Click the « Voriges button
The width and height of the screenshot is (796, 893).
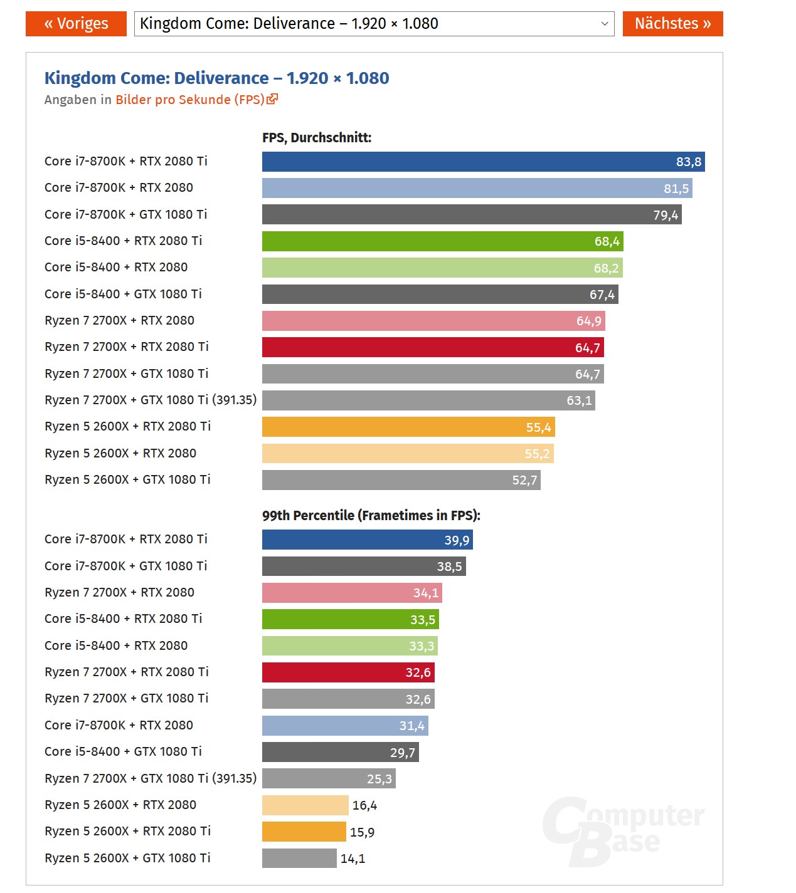76,24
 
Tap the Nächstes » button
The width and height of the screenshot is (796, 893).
672,24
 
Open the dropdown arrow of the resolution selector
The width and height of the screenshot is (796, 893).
605,24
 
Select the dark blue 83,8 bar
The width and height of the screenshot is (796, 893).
483,162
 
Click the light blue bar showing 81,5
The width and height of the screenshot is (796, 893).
477,188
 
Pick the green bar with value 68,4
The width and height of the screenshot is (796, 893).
442,241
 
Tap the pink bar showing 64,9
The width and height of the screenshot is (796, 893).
433,321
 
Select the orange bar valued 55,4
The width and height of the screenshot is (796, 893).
408,427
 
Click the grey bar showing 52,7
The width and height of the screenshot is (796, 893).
401,480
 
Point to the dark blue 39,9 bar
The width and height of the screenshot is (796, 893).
367,540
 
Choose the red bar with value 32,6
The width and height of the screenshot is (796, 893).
348,672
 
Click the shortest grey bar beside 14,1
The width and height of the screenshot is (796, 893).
299,858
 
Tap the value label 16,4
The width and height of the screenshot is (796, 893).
364,805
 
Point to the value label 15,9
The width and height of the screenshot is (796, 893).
362,832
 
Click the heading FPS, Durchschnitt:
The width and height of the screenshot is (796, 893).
317,138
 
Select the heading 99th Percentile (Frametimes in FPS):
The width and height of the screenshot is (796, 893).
371,515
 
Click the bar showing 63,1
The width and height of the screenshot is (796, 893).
428,400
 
